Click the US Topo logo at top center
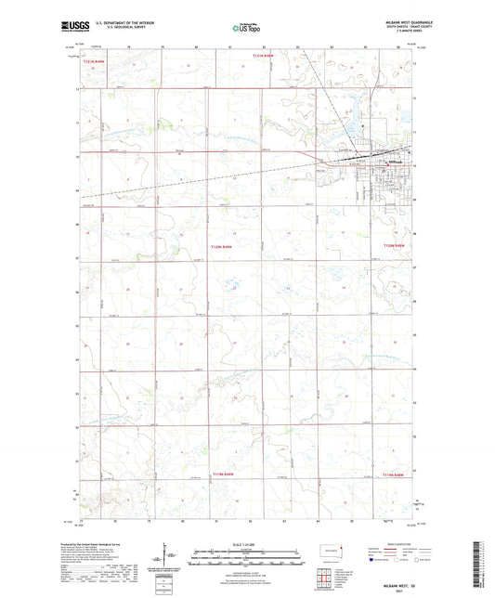point(246,29)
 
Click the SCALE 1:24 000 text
point(247,544)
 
